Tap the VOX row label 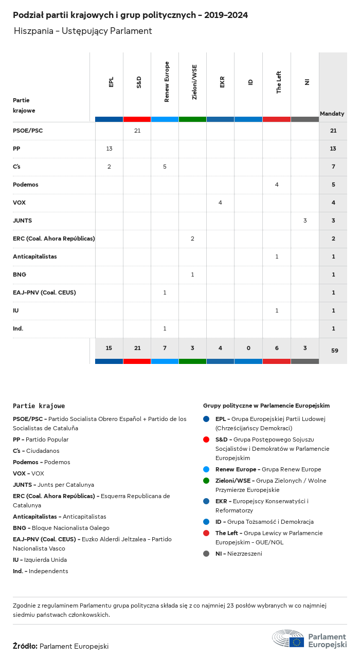(19, 203)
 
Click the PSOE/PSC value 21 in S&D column (137, 131)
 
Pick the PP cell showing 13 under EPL (109, 149)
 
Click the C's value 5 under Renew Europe (165, 167)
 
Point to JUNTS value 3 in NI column (305, 221)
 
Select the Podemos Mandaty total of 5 (333, 185)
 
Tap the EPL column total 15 (109, 348)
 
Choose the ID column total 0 (248, 348)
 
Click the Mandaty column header (332, 113)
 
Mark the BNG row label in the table (20, 274)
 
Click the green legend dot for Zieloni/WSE (206, 481)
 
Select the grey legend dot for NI (206, 554)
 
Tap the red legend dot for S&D (206, 440)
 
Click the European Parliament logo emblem (288, 638)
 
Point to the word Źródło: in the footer (25, 646)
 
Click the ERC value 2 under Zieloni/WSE (192, 239)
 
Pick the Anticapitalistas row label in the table (35, 257)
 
